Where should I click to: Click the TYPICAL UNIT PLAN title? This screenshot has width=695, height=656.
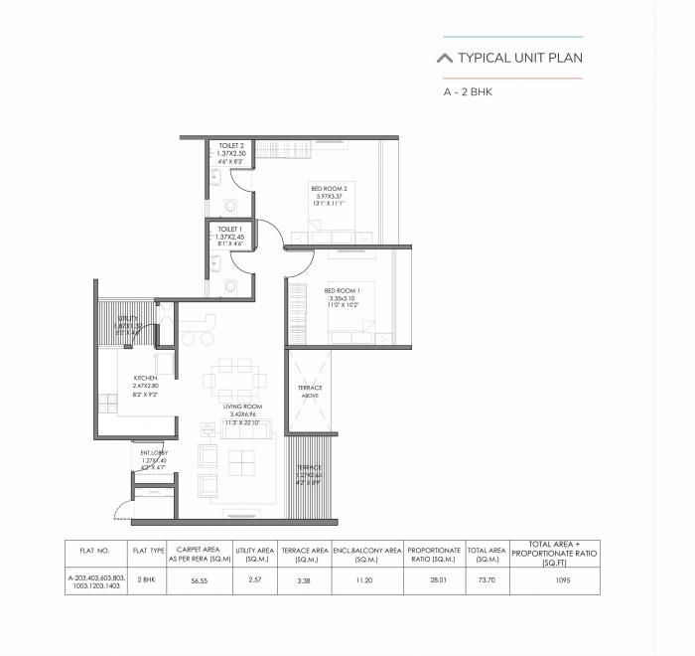[520, 58]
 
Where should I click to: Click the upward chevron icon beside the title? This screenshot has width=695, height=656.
[445, 58]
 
